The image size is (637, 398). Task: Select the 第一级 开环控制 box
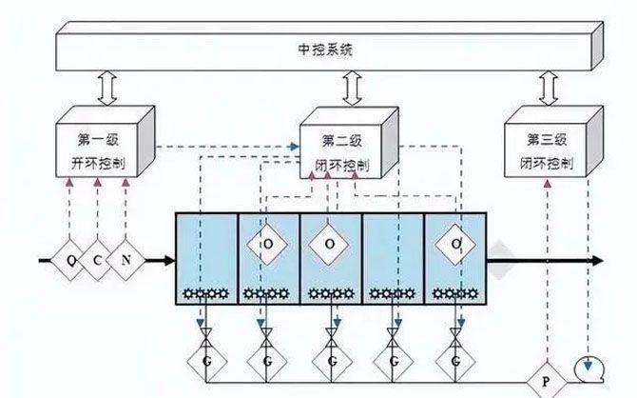coord(101,147)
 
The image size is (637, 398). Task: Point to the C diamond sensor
coord(99,260)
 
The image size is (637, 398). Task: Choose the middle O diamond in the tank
coord(329,245)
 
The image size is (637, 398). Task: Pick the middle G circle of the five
coord(331,363)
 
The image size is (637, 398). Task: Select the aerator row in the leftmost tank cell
coord(203,292)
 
